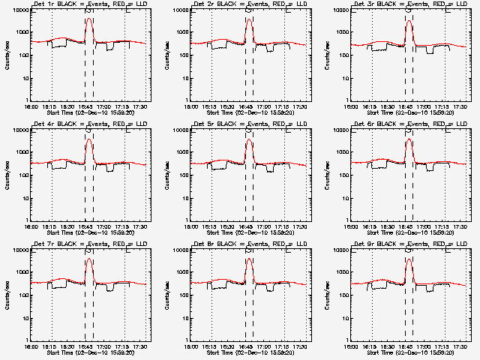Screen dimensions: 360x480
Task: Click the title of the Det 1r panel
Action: (89, 5)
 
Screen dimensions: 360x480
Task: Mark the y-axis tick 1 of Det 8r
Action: (189, 341)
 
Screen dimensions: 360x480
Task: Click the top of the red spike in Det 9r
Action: (409, 259)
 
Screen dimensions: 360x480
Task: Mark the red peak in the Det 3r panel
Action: (409, 21)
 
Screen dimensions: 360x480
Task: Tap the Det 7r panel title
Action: (89, 245)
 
